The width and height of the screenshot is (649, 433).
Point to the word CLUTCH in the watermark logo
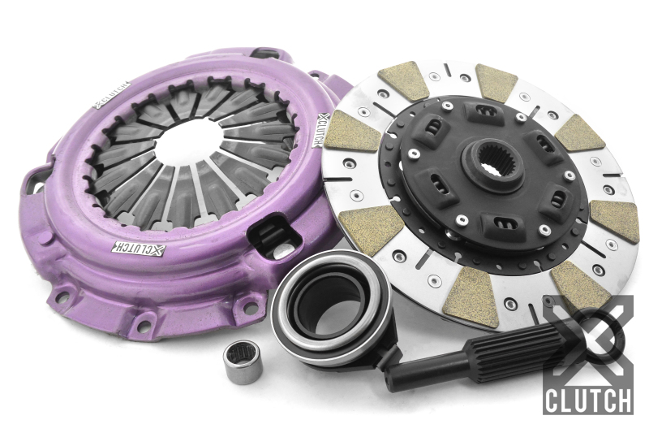588,401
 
